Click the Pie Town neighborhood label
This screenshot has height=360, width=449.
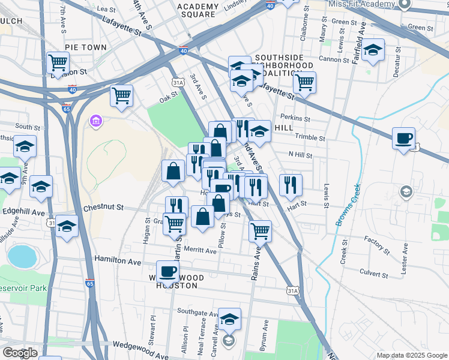[x=85, y=47]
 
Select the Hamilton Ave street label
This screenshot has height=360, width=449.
[x=118, y=261]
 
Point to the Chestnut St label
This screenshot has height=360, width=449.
[x=103, y=208]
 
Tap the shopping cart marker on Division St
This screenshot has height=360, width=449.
[x=58, y=62]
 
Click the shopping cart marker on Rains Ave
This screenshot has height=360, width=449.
[x=260, y=230]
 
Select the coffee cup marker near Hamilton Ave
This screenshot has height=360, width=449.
[x=167, y=271]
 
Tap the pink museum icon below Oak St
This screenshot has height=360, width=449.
[x=95, y=122]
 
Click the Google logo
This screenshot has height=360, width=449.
[x=20, y=353]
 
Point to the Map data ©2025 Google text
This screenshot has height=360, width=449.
[x=412, y=355]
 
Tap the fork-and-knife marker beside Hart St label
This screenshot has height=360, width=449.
[x=290, y=185]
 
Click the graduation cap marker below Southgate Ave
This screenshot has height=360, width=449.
[x=229, y=319]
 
